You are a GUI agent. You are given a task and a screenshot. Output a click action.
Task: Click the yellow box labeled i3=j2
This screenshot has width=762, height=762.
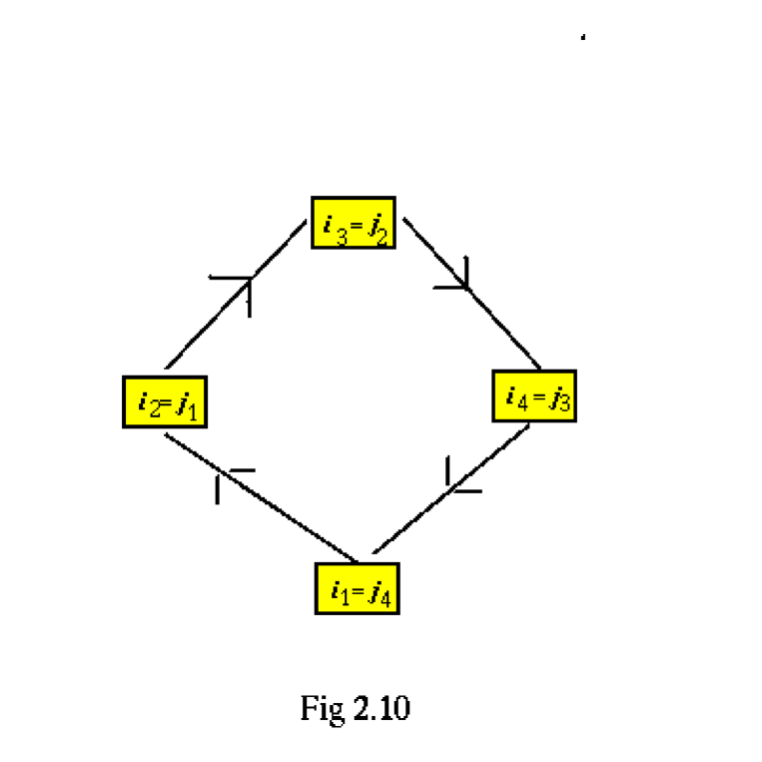coord(353,222)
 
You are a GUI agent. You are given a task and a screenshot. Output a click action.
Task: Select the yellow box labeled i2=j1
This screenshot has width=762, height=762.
coord(165,401)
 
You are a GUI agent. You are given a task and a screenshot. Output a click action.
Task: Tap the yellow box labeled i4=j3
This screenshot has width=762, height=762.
coord(534,395)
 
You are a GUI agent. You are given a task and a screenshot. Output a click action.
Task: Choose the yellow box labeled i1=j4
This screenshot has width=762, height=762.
coord(357,588)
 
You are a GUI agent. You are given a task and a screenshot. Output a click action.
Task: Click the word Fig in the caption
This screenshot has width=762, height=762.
coord(321,708)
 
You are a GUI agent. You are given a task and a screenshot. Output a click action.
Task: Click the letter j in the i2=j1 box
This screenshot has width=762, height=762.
coord(180,403)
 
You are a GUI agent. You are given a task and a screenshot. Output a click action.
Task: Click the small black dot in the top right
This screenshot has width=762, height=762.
coord(583,39)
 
